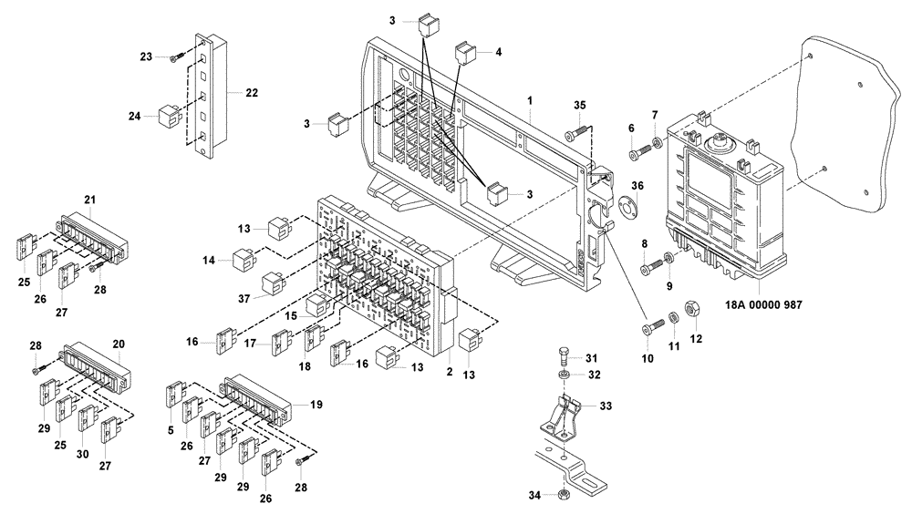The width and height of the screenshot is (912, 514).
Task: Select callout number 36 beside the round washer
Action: pyautogui.click(x=637, y=186)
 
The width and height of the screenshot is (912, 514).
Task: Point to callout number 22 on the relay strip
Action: pyautogui.click(x=253, y=92)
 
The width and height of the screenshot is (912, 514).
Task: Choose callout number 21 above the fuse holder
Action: pyautogui.click(x=89, y=200)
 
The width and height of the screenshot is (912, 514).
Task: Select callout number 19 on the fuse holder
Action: pyautogui.click(x=316, y=402)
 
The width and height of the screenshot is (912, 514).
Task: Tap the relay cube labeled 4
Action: pyautogui.click(x=465, y=52)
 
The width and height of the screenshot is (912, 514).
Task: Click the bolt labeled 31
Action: pyautogui.click(x=564, y=355)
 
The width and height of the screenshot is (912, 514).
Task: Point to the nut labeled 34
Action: pyautogui.click(x=565, y=495)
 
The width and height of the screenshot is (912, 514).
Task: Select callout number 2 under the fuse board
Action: pyautogui.click(x=449, y=371)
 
